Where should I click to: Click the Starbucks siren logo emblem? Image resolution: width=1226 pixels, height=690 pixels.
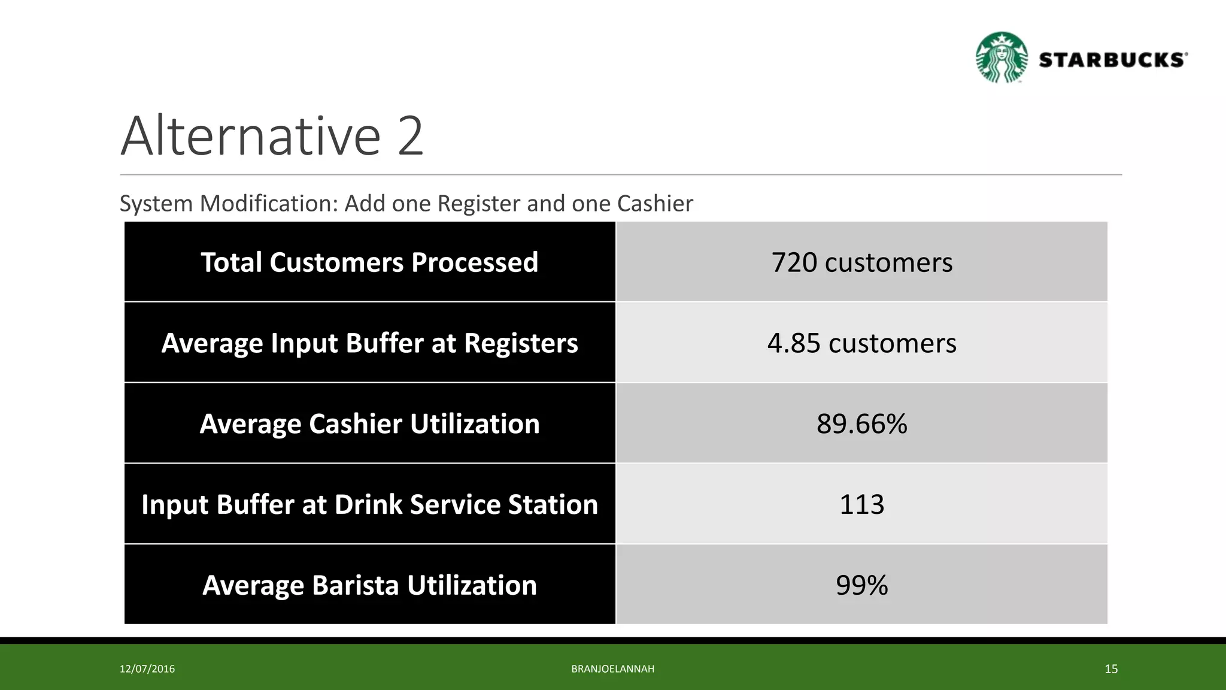(x=1002, y=57)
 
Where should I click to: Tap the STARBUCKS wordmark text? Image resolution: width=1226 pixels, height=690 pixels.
(x=1112, y=60)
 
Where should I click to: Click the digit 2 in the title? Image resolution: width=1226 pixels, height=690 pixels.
(x=409, y=137)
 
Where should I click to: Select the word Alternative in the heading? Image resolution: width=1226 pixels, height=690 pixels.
(x=250, y=137)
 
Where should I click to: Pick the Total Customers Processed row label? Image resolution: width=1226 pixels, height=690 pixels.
(x=369, y=262)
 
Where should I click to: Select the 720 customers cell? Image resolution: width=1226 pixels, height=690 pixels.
(x=861, y=262)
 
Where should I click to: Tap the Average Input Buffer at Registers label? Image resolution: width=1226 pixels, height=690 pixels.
(x=369, y=343)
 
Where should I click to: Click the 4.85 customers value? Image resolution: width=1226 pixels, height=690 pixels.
(x=861, y=343)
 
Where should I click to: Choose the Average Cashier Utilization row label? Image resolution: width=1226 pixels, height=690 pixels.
(x=369, y=424)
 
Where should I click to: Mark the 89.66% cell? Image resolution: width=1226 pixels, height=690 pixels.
(x=861, y=424)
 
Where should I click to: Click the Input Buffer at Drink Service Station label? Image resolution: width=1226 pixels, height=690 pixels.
(x=369, y=504)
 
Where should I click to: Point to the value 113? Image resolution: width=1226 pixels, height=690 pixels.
(x=861, y=504)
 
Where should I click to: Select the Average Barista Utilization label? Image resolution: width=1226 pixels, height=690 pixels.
(x=369, y=585)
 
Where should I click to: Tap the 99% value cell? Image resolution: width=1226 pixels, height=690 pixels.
(x=861, y=585)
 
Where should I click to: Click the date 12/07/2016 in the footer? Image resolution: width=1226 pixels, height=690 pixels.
(x=147, y=669)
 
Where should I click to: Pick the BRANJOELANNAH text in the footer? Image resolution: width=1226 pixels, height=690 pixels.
(x=612, y=669)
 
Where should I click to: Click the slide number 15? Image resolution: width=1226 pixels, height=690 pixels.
(x=1111, y=669)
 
